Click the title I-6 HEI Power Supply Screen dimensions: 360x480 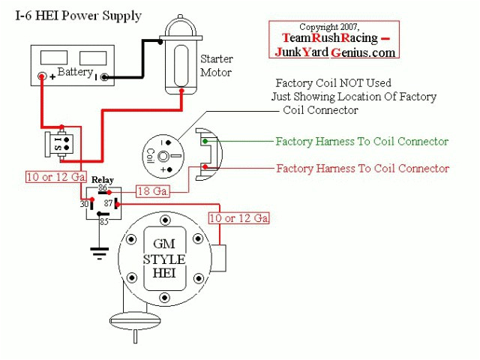78,16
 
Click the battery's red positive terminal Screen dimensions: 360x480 43,76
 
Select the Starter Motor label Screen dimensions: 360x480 216,65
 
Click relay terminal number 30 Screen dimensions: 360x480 84,203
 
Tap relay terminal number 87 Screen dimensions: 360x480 108,203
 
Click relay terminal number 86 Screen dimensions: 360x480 103,188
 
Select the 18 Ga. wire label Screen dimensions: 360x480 153,192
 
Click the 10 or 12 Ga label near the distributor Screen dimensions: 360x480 238,218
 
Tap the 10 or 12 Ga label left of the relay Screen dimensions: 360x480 53,177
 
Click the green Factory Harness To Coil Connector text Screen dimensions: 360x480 361,141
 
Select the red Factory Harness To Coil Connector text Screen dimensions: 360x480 362,168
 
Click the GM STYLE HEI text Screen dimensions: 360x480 164,258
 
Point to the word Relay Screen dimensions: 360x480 103,180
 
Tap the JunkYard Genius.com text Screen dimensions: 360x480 334,52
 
